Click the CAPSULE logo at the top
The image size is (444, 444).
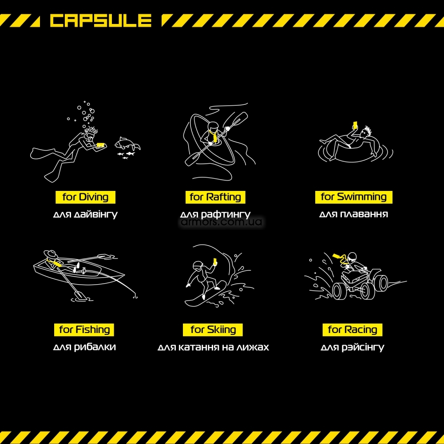click(x=100, y=21)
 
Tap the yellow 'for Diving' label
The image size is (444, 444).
click(x=85, y=197)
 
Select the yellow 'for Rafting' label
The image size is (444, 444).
click(x=215, y=197)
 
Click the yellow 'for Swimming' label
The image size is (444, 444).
click(x=354, y=197)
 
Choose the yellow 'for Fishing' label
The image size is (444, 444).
click(x=84, y=329)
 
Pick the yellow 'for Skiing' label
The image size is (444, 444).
click(x=213, y=329)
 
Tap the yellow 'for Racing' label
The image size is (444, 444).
click(x=352, y=329)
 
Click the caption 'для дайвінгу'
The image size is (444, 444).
click(x=85, y=214)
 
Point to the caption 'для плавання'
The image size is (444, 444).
click(x=353, y=214)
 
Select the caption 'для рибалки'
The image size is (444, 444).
click(x=84, y=347)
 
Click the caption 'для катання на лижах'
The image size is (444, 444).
click(x=213, y=347)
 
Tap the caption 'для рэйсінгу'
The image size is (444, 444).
click(x=352, y=347)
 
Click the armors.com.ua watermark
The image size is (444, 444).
click(x=222, y=222)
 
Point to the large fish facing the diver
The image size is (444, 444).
click(x=127, y=143)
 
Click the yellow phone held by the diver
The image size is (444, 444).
click(x=101, y=145)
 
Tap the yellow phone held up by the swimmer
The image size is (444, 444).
click(x=355, y=125)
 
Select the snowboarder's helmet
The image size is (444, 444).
click(x=198, y=265)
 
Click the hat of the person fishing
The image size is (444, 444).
click(x=51, y=254)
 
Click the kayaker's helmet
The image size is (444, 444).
click(x=213, y=126)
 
